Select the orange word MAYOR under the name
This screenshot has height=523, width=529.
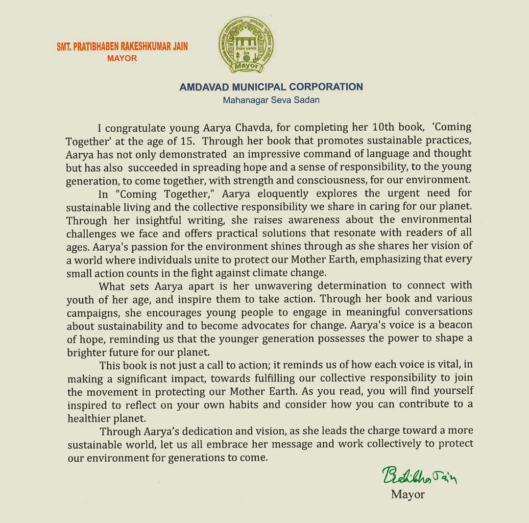coord(122,58)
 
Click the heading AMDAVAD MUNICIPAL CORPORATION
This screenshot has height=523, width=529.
coord(271,87)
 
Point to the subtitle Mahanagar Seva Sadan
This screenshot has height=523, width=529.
coord(271,100)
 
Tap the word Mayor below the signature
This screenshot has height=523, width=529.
coord(408,494)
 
